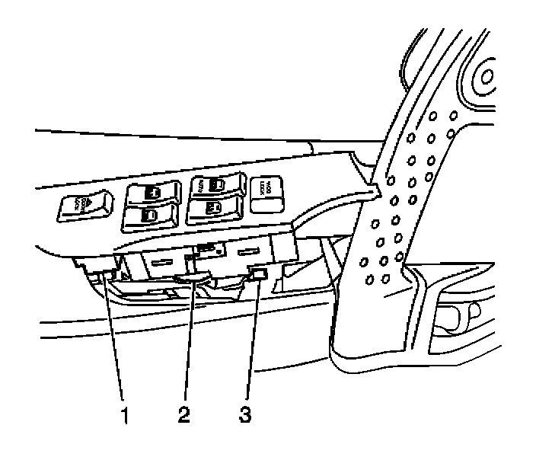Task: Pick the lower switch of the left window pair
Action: [149, 216]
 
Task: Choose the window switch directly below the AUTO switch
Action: [214, 206]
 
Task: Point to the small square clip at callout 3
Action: [259, 275]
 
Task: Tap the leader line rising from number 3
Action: [252, 343]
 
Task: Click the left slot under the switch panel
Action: [163, 260]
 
